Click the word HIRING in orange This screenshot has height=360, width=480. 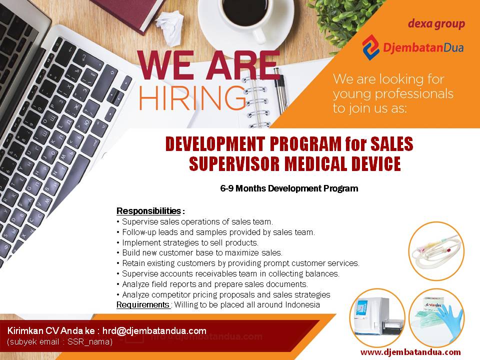pyautogui.click(x=192, y=97)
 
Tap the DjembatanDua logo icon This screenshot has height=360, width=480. pyautogui.click(x=370, y=47)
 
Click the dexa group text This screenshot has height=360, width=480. pyautogui.click(x=436, y=24)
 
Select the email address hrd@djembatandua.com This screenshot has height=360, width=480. pyautogui.click(x=154, y=331)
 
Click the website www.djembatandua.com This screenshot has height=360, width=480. pyautogui.click(x=410, y=352)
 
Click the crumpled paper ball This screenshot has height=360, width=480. pyautogui.click(x=169, y=27)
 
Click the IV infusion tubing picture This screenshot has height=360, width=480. pyautogui.click(x=436, y=251)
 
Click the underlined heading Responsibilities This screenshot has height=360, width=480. pyautogui.click(x=149, y=211)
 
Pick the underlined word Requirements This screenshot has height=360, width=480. pyautogui.click(x=143, y=305)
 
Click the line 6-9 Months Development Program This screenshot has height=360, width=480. pyautogui.click(x=289, y=188)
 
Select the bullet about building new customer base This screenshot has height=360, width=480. pyautogui.click(x=199, y=253)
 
